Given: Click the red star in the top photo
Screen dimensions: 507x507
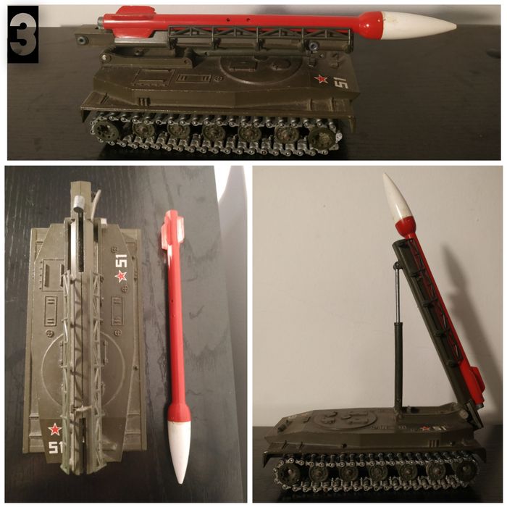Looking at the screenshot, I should [x=321, y=80].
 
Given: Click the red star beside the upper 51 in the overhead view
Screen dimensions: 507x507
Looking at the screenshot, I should [x=121, y=276].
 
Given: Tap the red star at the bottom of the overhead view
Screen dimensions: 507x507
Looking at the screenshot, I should [x=55, y=429].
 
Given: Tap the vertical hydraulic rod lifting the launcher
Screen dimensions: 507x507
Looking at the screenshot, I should [x=397, y=333].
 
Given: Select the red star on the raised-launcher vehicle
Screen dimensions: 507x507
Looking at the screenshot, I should [x=426, y=428].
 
